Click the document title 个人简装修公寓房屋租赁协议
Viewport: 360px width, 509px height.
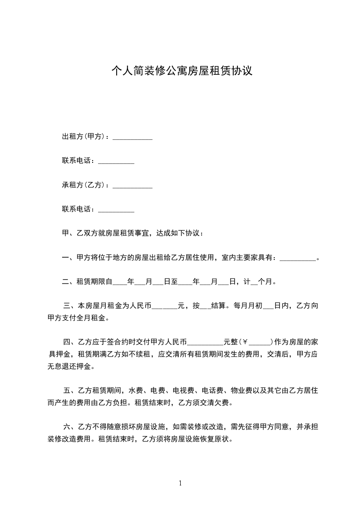182,71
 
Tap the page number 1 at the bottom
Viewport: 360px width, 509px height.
180,483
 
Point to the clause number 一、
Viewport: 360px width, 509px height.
69,258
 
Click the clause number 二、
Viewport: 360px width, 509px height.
69,282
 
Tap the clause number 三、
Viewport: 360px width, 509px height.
71,306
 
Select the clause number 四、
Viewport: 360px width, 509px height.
71,342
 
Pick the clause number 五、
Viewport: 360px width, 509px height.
71,390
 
